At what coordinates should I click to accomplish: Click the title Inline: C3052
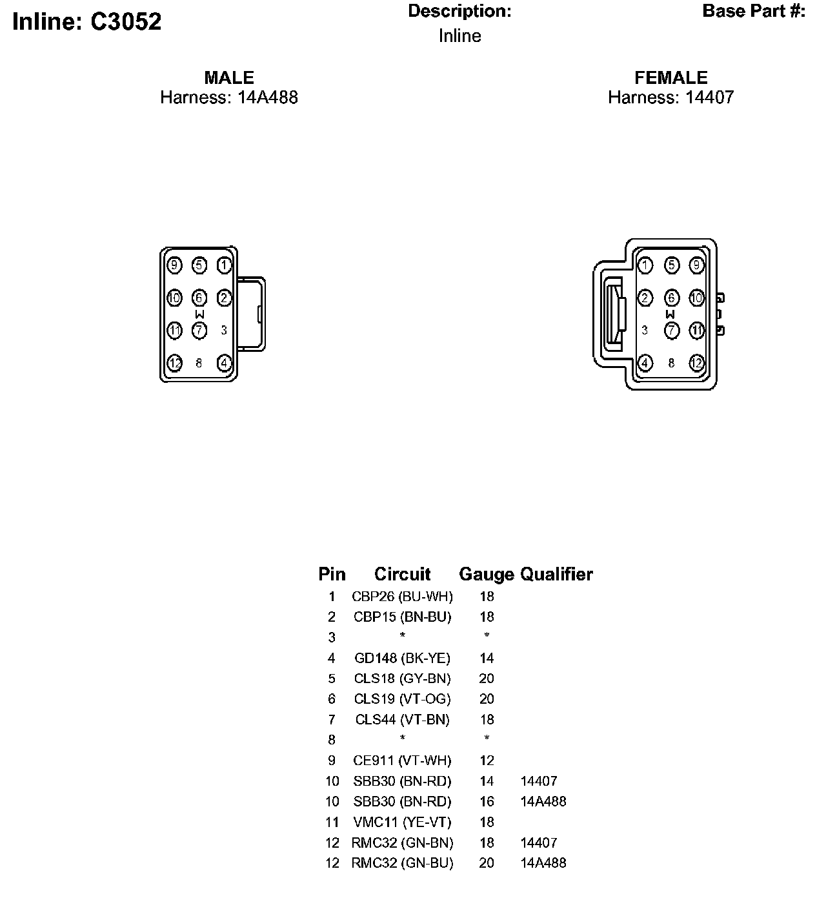(x=87, y=22)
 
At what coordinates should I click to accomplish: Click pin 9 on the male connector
(x=174, y=265)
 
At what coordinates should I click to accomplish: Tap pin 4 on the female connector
(x=645, y=363)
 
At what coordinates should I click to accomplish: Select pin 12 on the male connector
(x=174, y=363)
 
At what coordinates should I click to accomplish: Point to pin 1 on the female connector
(x=645, y=265)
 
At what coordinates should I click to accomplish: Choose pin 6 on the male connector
(x=199, y=298)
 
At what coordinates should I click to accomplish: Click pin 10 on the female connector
(x=696, y=298)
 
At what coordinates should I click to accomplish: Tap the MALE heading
(x=229, y=77)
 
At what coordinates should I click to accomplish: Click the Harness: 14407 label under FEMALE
(x=670, y=97)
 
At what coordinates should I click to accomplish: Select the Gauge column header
(x=487, y=574)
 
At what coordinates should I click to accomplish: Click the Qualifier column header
(x=556, y=574)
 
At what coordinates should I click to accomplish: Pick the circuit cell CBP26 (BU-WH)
(x=402, y=597)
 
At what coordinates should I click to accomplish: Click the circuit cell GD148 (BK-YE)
(x=402, y=659)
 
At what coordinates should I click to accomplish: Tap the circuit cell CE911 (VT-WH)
(x=402, y=761)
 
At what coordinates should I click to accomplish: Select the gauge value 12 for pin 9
(x=487, y=761)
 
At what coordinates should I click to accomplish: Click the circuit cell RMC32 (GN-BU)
(x=402, y=863)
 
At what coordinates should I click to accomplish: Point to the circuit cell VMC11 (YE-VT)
(x=402, y=822)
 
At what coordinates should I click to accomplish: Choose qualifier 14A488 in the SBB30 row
(x=543, y=802)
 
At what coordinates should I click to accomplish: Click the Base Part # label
(x=754, y=12)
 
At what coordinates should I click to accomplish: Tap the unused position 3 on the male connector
(x=224, y=330)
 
